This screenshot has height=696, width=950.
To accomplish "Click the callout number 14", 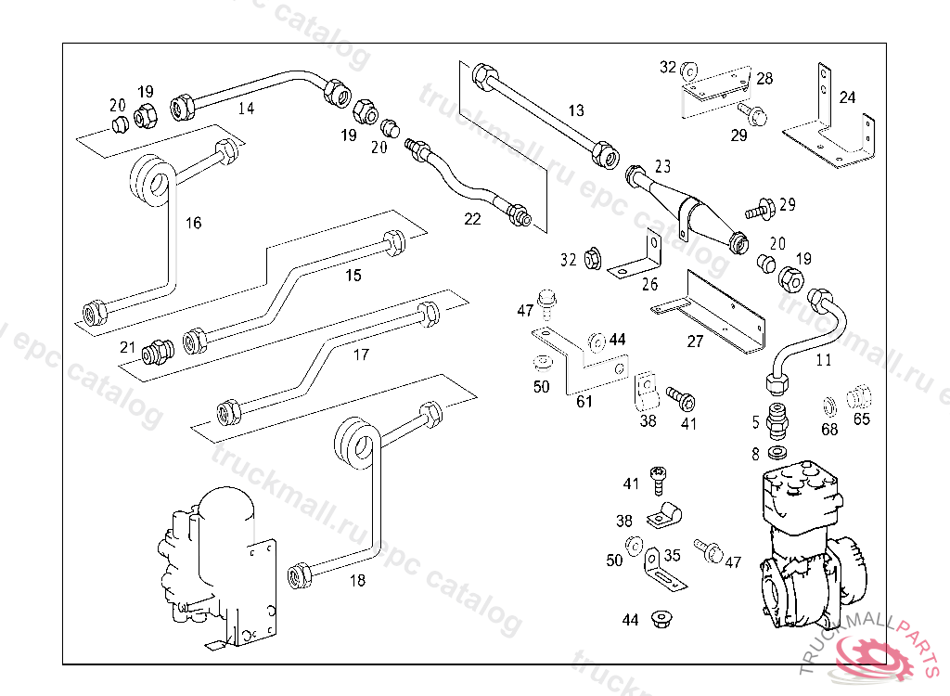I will [246, 108].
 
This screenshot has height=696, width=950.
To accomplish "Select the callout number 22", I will [473, 219].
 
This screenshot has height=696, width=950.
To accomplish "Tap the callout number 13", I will [576, 110].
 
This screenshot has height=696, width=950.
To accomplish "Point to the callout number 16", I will [193, 223].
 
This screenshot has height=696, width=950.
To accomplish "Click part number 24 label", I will [848, 97].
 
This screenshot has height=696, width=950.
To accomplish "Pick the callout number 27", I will [695, 342].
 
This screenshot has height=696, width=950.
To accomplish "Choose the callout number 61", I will [584, 401].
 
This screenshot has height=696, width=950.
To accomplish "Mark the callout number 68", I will [829, 429].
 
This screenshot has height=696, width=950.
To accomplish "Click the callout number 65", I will [862, 419].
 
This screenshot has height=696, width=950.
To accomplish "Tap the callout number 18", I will [357, 581].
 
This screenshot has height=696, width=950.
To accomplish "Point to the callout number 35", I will [673, 556].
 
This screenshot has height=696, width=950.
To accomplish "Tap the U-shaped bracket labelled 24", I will [830, 130].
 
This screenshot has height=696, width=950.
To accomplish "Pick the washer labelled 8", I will [777, 453].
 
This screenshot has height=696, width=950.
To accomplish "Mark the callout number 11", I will [824, 360].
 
